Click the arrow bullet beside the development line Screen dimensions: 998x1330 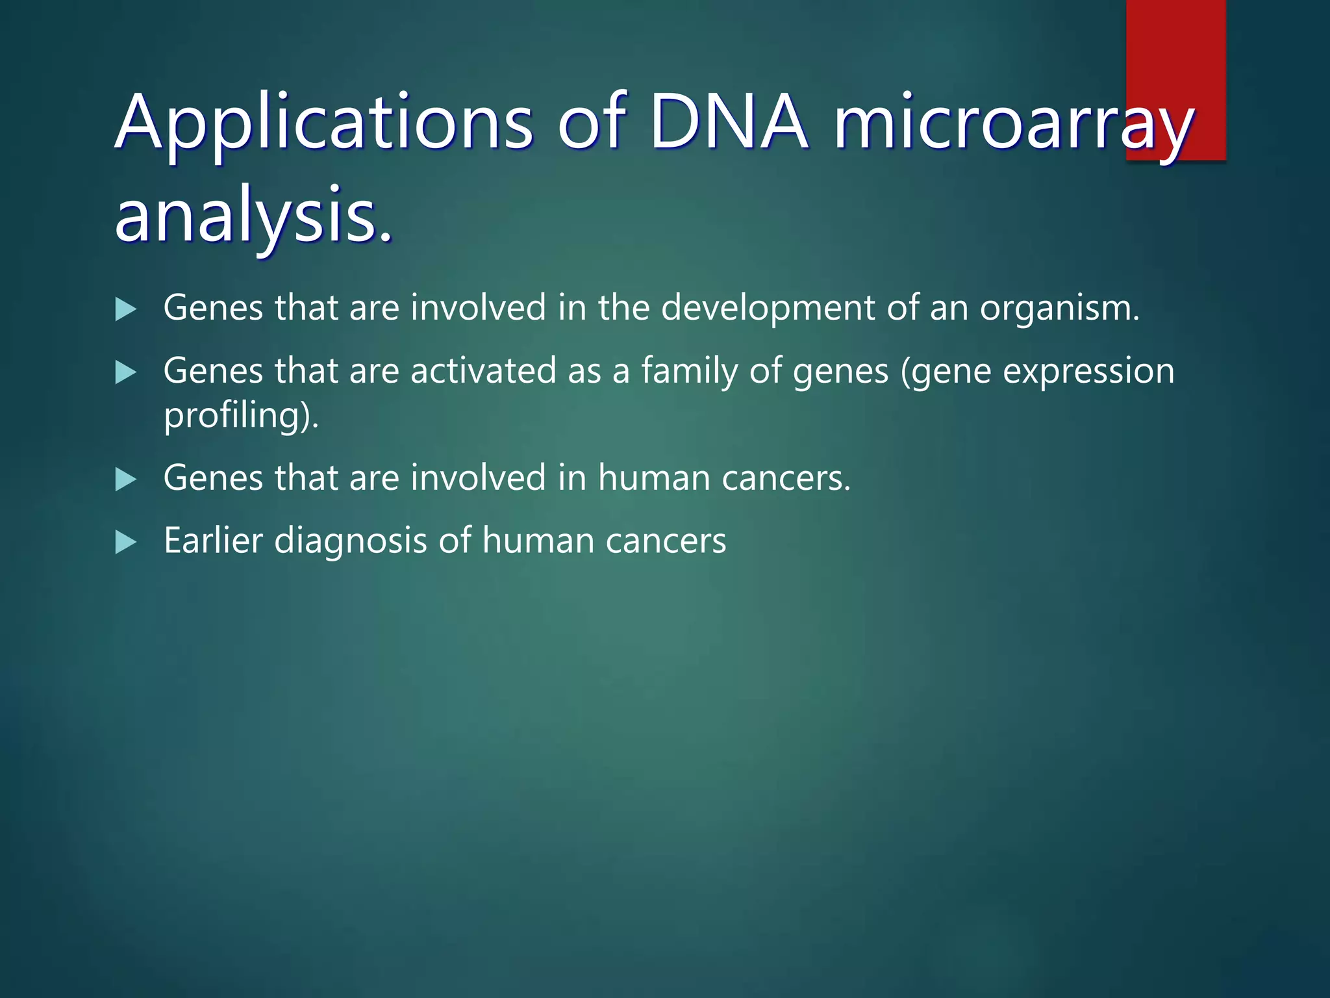(x=125, y=309)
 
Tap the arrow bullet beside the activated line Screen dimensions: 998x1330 (x=125, y=372)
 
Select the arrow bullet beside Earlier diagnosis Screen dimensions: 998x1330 (x=125, y=542)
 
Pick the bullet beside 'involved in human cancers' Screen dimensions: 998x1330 (x=125, y=480)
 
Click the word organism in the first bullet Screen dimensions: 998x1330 (x=1059, y=309)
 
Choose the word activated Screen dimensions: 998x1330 (x=483, y=371)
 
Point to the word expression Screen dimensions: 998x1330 (x=1088, y=372)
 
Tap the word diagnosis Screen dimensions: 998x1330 (x=350, y=542)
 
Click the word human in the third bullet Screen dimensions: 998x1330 (x=653, y=478)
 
